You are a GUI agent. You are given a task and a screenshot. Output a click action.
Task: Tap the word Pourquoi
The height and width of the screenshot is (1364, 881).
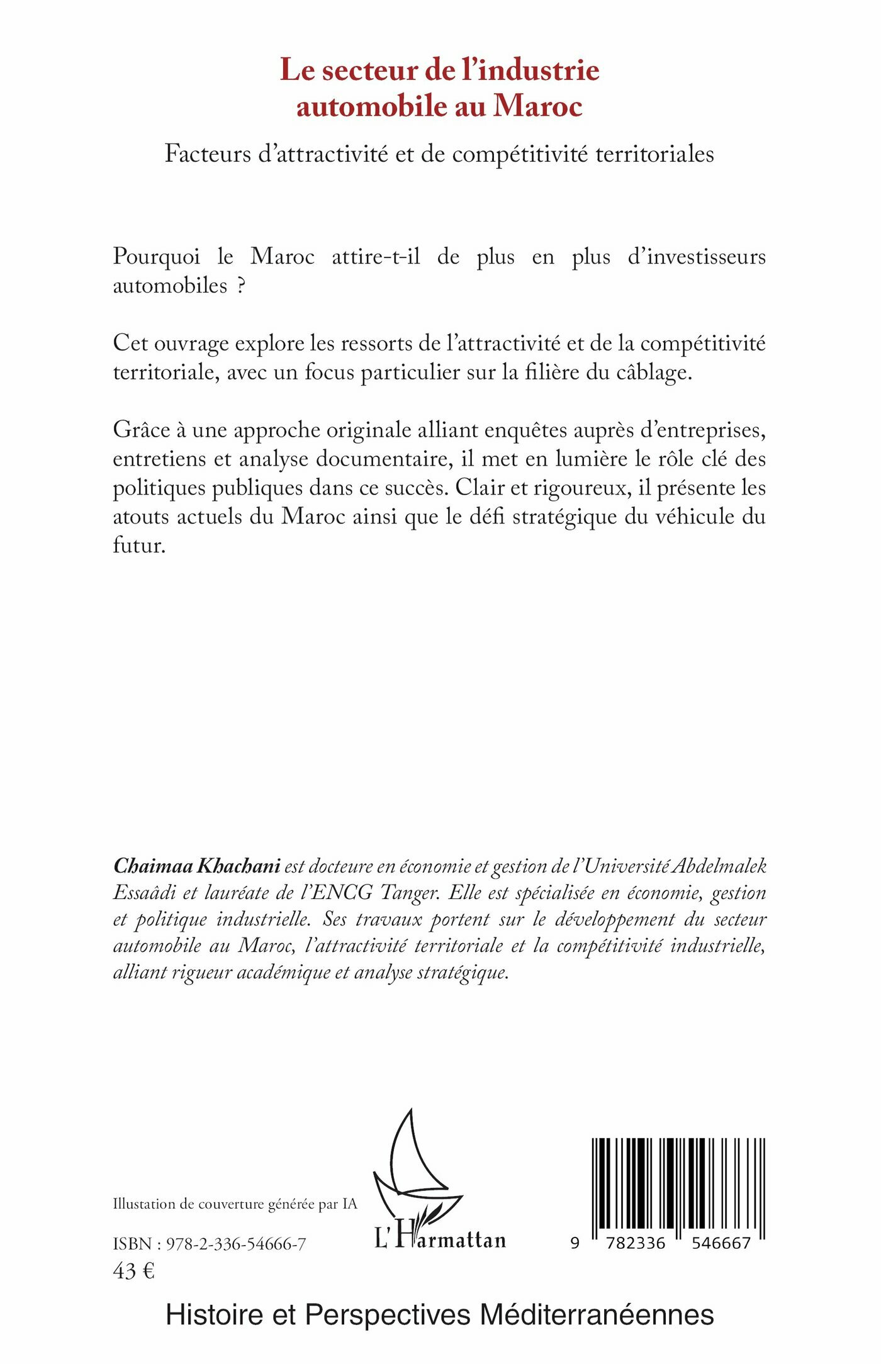coord(157,257)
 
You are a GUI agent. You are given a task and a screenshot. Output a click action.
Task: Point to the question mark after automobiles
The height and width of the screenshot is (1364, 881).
coord(240,286)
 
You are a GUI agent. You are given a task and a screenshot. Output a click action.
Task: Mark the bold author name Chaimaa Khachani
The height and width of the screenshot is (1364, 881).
coord(196,866)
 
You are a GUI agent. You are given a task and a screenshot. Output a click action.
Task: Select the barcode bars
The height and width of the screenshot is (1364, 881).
coord(678,1183)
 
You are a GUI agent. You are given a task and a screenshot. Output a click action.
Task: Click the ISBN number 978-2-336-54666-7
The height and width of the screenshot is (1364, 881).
coord(237,1244)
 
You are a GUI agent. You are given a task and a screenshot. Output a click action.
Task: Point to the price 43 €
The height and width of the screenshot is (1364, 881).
coord(133,1272)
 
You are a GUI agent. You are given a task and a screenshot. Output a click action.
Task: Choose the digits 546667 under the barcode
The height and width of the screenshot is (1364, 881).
coord(721,1243)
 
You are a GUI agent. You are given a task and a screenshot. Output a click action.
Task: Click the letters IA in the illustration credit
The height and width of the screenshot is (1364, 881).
coord(349,1204)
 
